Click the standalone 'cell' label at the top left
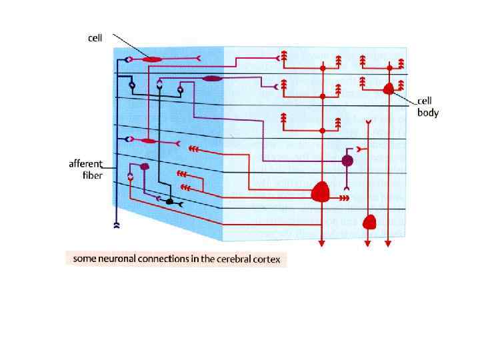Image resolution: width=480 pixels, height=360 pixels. click(x=95, y=37)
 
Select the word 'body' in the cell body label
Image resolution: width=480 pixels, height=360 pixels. click(x=428, y=113)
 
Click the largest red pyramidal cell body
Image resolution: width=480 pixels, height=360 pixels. click(x=321, y=192)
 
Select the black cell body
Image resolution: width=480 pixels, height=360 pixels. click(x=169, y=201)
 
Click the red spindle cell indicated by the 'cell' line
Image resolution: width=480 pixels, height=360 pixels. click(x=152, y=60)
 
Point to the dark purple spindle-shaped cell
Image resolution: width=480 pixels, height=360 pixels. click(x=212, y=79)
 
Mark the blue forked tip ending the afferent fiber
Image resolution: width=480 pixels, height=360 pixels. click(x=117, y=225)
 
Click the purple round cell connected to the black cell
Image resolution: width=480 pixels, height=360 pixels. click(x=144, y=167)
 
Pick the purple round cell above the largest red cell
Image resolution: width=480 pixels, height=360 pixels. click(x=347, y=161)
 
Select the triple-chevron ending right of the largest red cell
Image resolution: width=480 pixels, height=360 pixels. click(x=344, y=198)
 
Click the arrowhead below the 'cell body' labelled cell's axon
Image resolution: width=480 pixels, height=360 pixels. click(x=389, y=244)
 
